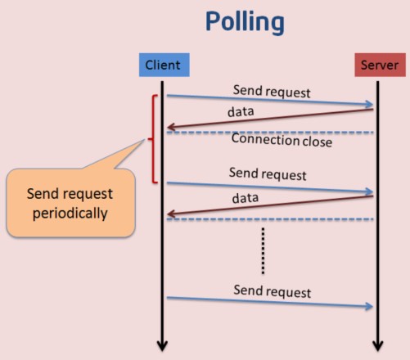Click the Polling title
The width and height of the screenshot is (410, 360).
coord(245,22)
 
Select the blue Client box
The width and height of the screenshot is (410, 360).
coord(164,65)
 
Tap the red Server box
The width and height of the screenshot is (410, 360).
coord(380,65)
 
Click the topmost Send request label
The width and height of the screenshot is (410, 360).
coord(272,92)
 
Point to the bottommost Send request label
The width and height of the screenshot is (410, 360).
coord(273,291)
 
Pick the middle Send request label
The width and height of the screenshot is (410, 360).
coord(268,174)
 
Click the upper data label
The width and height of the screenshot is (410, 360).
coord(241,111)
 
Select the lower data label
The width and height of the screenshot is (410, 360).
coord(246,198)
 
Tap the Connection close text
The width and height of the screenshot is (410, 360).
coord(282,140)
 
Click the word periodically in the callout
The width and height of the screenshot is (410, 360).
coord(70,214)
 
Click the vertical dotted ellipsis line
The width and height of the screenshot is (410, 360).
coord(263,251)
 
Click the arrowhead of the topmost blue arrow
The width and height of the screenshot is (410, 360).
coord(370,104)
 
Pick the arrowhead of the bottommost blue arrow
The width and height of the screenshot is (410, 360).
coord(370,307)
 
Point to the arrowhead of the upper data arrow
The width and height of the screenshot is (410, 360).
coord(171,127)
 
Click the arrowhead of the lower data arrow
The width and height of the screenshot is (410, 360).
coord(171,214)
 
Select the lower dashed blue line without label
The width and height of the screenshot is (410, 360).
coord(270,219)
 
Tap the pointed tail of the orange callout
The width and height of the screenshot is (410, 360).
coord(145,140)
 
